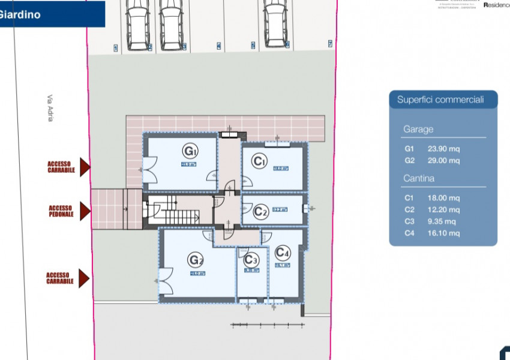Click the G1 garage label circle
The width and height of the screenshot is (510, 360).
click(x=190, y=150)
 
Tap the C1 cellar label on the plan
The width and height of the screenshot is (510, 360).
click(x=259, y=161)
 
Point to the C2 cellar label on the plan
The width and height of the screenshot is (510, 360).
click(x=260, y=211)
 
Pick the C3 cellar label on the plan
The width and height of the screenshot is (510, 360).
click(x=251, y=260)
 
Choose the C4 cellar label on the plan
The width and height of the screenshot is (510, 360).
click(x=283, y=253)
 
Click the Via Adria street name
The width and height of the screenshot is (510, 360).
click(x=50, y=108)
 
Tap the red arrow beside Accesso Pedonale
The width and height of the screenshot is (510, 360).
click(x=85, y=211)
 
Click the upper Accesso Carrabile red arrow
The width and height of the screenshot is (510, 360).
click(x=85, y=167)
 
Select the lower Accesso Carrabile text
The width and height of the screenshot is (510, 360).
click(x=60, y=278)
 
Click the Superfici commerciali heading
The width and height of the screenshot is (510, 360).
click(x=440, y=100)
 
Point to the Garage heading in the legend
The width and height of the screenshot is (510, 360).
click(x=418, y=129)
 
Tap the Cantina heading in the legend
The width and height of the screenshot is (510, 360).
click(x=419, y=178)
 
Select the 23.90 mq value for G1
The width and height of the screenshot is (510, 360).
click(x=443, y=148)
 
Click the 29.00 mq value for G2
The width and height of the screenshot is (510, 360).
click(x=443, y=160)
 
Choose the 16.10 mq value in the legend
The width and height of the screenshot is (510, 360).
click(x=443, y=233)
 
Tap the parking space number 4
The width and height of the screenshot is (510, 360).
click(x=218, y=46)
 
